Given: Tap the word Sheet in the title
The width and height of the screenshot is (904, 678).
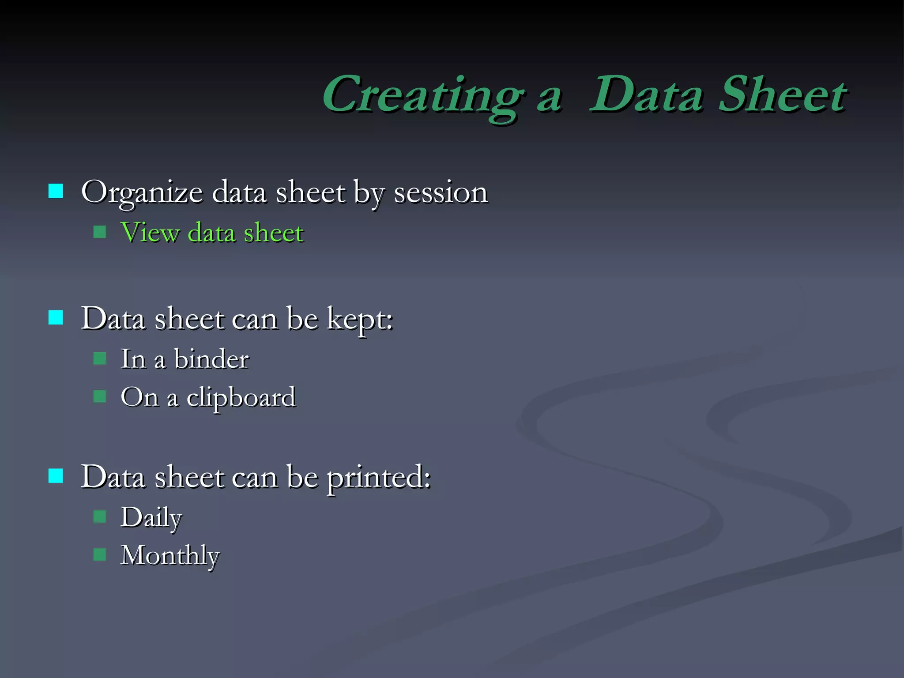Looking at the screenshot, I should tap(782, 95).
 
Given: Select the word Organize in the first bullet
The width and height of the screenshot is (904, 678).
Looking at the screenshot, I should tap(142, 193).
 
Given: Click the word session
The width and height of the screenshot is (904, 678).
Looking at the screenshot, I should tap(440, 193).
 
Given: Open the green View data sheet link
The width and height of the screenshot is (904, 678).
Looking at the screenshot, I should tap(212, 233).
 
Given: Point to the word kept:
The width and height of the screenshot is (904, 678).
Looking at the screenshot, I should tap(360, 319).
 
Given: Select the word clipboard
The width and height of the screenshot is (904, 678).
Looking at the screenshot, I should tap(241, 397).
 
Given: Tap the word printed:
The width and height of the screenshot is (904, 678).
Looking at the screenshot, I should tap(378, 478).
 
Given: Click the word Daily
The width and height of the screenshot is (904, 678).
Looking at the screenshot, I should tap(151, 517).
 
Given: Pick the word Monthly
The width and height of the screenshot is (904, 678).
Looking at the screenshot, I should tap(170, 555).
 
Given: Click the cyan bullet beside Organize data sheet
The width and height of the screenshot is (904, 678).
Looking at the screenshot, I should tap(56, 191).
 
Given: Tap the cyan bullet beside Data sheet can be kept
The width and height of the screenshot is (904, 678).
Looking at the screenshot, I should tap(56, 317).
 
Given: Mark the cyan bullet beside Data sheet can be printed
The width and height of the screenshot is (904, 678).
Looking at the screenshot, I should tap(56, 476).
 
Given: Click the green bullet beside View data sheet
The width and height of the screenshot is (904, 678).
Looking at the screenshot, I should tap(100, 232).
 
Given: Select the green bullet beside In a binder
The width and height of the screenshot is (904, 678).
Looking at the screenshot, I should tap(100, 358).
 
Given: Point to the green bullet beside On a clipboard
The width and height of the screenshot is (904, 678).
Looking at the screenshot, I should tap(100, 396).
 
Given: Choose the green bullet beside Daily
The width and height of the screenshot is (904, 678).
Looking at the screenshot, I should tap(100, 516).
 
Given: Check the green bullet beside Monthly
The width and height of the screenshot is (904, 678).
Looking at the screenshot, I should tap(100, 554).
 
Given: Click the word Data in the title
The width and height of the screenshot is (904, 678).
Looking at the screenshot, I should tap(645, 95).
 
